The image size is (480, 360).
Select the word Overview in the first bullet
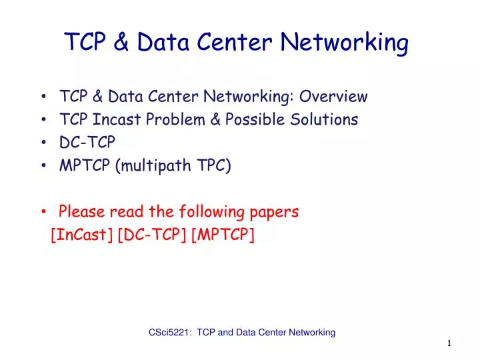point(333,97)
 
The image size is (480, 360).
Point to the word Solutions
point(325,119)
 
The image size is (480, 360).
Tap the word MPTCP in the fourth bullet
point(85,165)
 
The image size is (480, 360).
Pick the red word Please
point(81,212)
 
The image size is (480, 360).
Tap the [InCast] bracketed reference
point(82,235)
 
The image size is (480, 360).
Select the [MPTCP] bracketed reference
point(223,235)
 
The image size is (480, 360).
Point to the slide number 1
point(449,343)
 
